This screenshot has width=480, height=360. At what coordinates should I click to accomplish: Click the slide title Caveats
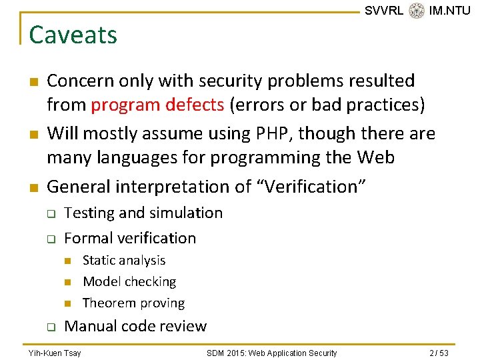[73, 35]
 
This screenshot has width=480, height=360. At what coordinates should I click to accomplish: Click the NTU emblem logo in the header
[417, 11]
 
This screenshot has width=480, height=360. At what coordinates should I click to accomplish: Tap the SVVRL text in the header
[384, 11]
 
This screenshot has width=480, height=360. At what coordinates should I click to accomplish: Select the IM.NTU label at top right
[449, 11]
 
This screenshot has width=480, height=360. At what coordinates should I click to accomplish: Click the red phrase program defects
[157, 105]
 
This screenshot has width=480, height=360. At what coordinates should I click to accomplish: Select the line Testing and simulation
[143, 213]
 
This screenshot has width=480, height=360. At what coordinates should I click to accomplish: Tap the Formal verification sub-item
[130, 238]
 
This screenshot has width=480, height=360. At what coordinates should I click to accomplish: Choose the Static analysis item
[124, 260]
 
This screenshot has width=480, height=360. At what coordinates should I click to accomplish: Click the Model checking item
[129, 281]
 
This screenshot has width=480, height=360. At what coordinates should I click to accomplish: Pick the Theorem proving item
[133, 303]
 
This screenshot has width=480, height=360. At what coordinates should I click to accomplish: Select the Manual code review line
[135, 326]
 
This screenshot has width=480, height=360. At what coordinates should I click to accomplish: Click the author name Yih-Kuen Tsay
[55, 353]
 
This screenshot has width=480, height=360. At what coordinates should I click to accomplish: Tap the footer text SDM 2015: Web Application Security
[271, 353]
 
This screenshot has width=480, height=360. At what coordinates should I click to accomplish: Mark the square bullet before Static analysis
[67, 261]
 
